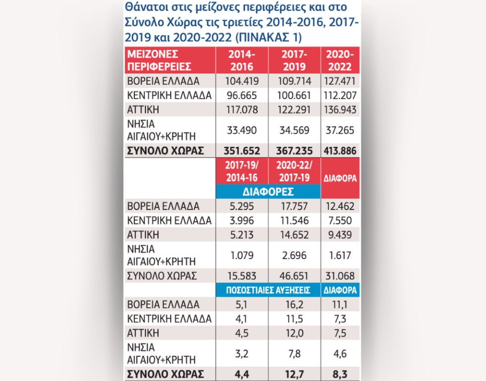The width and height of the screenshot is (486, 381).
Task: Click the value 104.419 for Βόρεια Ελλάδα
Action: [x=242, y=81]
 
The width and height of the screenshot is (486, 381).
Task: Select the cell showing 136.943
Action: [x=340, y=109]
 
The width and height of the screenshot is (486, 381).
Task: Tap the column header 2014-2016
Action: [x=242, y=60]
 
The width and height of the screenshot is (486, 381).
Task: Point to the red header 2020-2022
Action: [x=340, y=60]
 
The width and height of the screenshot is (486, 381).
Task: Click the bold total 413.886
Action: [x=340, y=151]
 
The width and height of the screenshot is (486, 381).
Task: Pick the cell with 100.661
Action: [x=294, y=96]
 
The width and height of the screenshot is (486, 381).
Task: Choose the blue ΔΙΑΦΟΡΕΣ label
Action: [x=268, y=192]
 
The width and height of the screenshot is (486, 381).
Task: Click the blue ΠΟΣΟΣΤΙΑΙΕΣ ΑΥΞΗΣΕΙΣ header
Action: [x=268, y=290]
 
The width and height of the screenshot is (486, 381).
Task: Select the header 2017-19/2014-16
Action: [x=242, y=171]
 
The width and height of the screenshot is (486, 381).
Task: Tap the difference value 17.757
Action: [x=294, y=206]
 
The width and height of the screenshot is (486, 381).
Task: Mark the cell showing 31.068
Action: [x=340, y=276]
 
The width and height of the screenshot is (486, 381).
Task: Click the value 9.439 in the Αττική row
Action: [x=340, y=235]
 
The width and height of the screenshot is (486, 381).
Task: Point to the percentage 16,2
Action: [x=294, y=305]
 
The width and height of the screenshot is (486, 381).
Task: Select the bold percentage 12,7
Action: [x=294, y=374]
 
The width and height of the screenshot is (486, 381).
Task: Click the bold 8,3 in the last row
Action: [x=340, y=374]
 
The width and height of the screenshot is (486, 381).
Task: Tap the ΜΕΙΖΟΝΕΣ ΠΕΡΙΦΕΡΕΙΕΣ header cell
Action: [x=170, y=60]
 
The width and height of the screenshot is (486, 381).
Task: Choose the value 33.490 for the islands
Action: [x=242, y=130]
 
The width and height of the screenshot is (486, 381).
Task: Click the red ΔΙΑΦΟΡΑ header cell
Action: [x=340, y=178]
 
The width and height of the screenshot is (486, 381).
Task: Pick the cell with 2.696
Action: [x=294, y=256]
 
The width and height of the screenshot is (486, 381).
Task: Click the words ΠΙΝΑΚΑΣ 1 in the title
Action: [x=268, y=38]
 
